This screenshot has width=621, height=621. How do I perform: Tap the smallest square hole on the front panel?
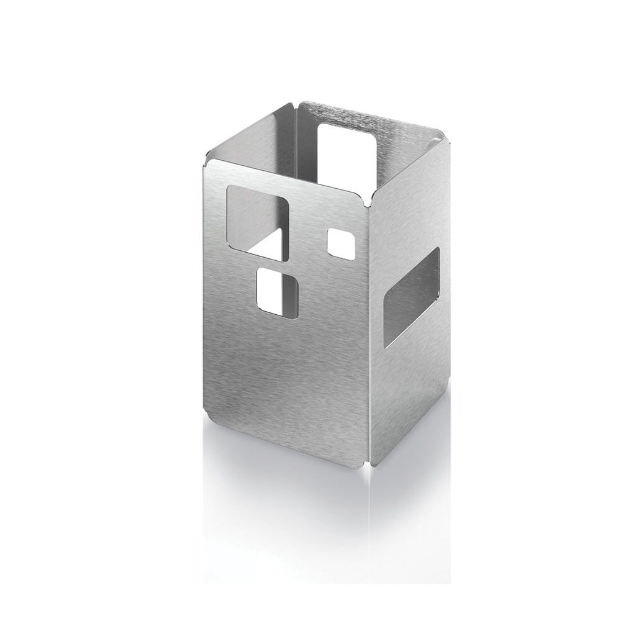pos(340,243)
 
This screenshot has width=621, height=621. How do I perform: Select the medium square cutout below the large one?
pos(277,292)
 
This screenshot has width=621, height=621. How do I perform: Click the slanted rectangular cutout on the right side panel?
pos(411,297)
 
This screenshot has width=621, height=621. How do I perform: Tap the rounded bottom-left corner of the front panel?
pos(209,429)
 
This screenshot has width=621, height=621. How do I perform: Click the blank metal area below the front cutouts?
pos(286,385)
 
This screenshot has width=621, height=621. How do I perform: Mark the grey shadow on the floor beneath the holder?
pos(298,484)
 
